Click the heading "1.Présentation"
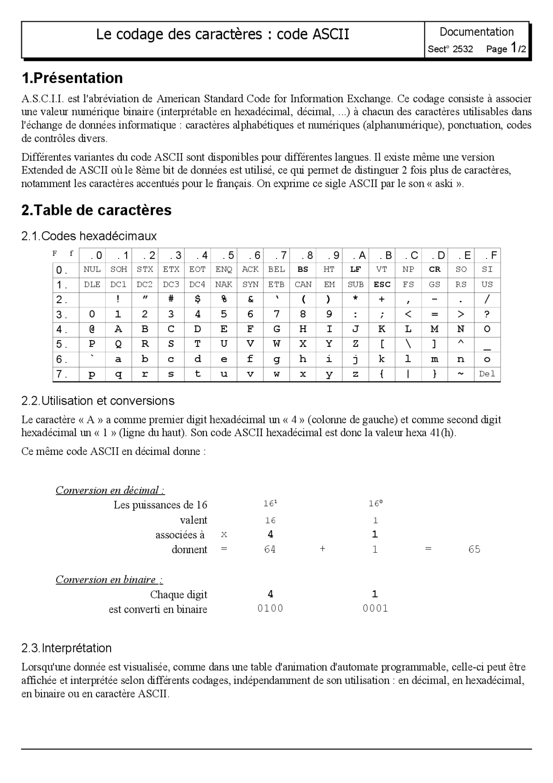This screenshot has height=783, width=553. (x=72, y=78)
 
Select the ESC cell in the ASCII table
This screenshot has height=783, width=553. (x=382, y=284)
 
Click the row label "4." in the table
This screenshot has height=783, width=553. (x=62, y=329)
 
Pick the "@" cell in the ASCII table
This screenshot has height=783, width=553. (x=92, y=329)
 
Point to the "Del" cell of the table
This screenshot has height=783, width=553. (x=487, y=374)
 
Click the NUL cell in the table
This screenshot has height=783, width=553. (x=92, y=269)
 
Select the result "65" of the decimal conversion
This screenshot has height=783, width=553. (x=474, y=549)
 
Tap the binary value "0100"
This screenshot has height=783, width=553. (x=270, y=608)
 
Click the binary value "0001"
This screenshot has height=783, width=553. (x=375, y=608)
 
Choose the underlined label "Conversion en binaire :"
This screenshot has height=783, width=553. (x=109, y=579)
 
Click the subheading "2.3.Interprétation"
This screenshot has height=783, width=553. (x=67, y=648)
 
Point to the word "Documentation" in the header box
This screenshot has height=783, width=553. (x=477, y=32)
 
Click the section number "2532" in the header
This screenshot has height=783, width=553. (x=463, y=49)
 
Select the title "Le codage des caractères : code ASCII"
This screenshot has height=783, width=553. (x=222, y=34)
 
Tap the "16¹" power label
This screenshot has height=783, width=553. (x=270, y=503)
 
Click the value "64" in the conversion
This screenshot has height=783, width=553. (x=270, y=549)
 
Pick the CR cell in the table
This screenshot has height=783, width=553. (x=435, y=269)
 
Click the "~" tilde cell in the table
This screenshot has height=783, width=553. (x=461, y=374)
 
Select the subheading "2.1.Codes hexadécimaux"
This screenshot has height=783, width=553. (x=89, y=236)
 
